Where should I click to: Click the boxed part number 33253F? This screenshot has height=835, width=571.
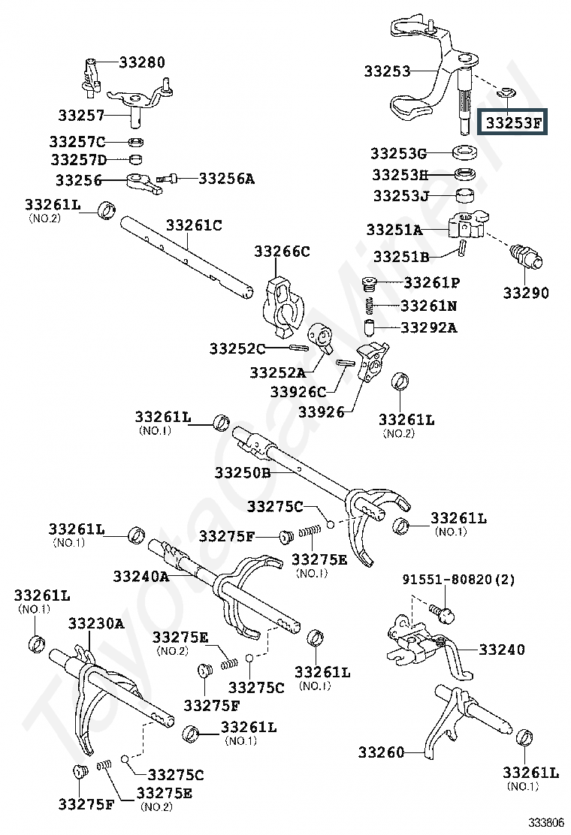(512, 123)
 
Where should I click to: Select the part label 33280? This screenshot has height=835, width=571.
(142, 62)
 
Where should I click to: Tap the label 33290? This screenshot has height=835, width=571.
(526, 293)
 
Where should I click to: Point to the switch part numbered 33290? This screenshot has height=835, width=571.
(526, 256)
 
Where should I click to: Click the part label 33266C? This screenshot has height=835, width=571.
(282, 251)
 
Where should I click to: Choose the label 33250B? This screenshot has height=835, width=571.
(243, 472)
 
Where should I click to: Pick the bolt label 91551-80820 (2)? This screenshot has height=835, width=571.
(458, 580)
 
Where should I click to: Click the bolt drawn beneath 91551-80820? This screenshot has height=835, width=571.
(444, 613)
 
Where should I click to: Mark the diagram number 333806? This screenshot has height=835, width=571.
(546, 822)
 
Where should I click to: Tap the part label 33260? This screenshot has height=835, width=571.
(381, 752)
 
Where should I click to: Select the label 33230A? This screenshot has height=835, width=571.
(96, 623)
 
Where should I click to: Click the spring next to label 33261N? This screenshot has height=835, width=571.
(369, 306)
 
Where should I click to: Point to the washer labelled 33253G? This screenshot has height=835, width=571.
(464, 153)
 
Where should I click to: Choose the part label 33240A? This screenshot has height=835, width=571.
(141, 576)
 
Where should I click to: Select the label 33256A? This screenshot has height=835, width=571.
(227, 179)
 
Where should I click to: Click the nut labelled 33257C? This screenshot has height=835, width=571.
(137, 142)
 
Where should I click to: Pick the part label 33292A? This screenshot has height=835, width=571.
(429, 327)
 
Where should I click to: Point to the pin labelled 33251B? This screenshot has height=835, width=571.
(462, 248)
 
